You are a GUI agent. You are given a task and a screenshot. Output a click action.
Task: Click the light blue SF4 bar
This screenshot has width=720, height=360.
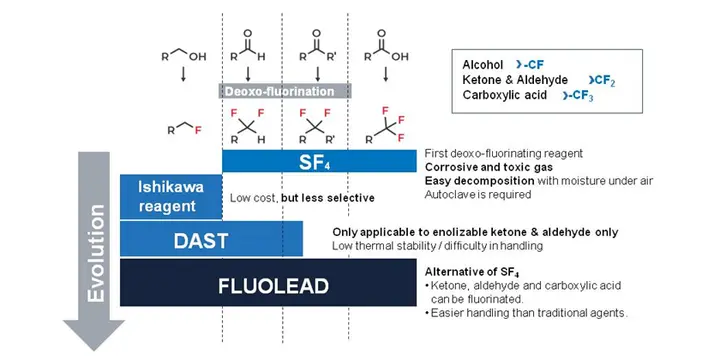pyautogui.click(x=319, y=161)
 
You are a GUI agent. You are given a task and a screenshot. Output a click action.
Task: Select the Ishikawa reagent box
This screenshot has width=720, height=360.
pyautogui.click(x=171, y=197)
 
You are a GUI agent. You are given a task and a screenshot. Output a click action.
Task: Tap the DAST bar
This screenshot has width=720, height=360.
pyautogui.click(x=211, y=239)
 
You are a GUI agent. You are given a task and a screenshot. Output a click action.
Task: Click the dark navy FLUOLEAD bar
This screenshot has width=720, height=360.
pyautogui.click(x=268, y=282)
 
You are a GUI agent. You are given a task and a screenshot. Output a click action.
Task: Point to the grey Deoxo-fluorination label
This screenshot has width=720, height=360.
pyautogui.click(x=285, y=91)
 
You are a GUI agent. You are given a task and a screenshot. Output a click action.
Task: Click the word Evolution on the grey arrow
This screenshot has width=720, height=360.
pyautogui.click(x=96, y=253)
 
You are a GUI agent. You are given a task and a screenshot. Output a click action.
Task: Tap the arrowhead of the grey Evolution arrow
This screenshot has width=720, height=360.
pyautogui.click(x=94, y=335)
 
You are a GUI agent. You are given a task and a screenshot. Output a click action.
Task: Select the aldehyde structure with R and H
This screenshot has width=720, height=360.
pyautogui.click(x=248, y=46)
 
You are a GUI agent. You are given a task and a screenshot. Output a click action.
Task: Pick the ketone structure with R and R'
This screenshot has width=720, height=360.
pyautogui.click(x=317, y=46)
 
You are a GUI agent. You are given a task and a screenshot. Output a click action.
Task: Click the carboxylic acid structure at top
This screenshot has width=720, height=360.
pyautogui.click(x=386, y=46)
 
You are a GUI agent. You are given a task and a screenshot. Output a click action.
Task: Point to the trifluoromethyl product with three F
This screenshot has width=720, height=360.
pyautogui.click(x=386, y=125)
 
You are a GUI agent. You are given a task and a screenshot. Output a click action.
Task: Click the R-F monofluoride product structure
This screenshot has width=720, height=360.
pyautogui.click(x=184, y=129)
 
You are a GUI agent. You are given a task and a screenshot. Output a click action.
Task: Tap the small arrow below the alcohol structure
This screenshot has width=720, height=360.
pyautogui.click(x=183, y=74)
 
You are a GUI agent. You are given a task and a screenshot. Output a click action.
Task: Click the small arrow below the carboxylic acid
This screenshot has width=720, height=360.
pyautogui.click(x=386, y=74)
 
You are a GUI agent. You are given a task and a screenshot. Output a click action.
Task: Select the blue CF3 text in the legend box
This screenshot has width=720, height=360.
pyautogui.click(x=578, y=96)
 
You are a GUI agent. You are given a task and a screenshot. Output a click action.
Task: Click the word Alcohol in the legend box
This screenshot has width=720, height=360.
pyautogui.click(x=483, y=65)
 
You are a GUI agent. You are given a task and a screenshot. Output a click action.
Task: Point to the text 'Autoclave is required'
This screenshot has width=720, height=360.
pyautogui.click(x=478, y=194)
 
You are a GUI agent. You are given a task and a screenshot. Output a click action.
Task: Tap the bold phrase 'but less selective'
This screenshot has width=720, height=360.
pyautogui.click(x=328, y=198)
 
